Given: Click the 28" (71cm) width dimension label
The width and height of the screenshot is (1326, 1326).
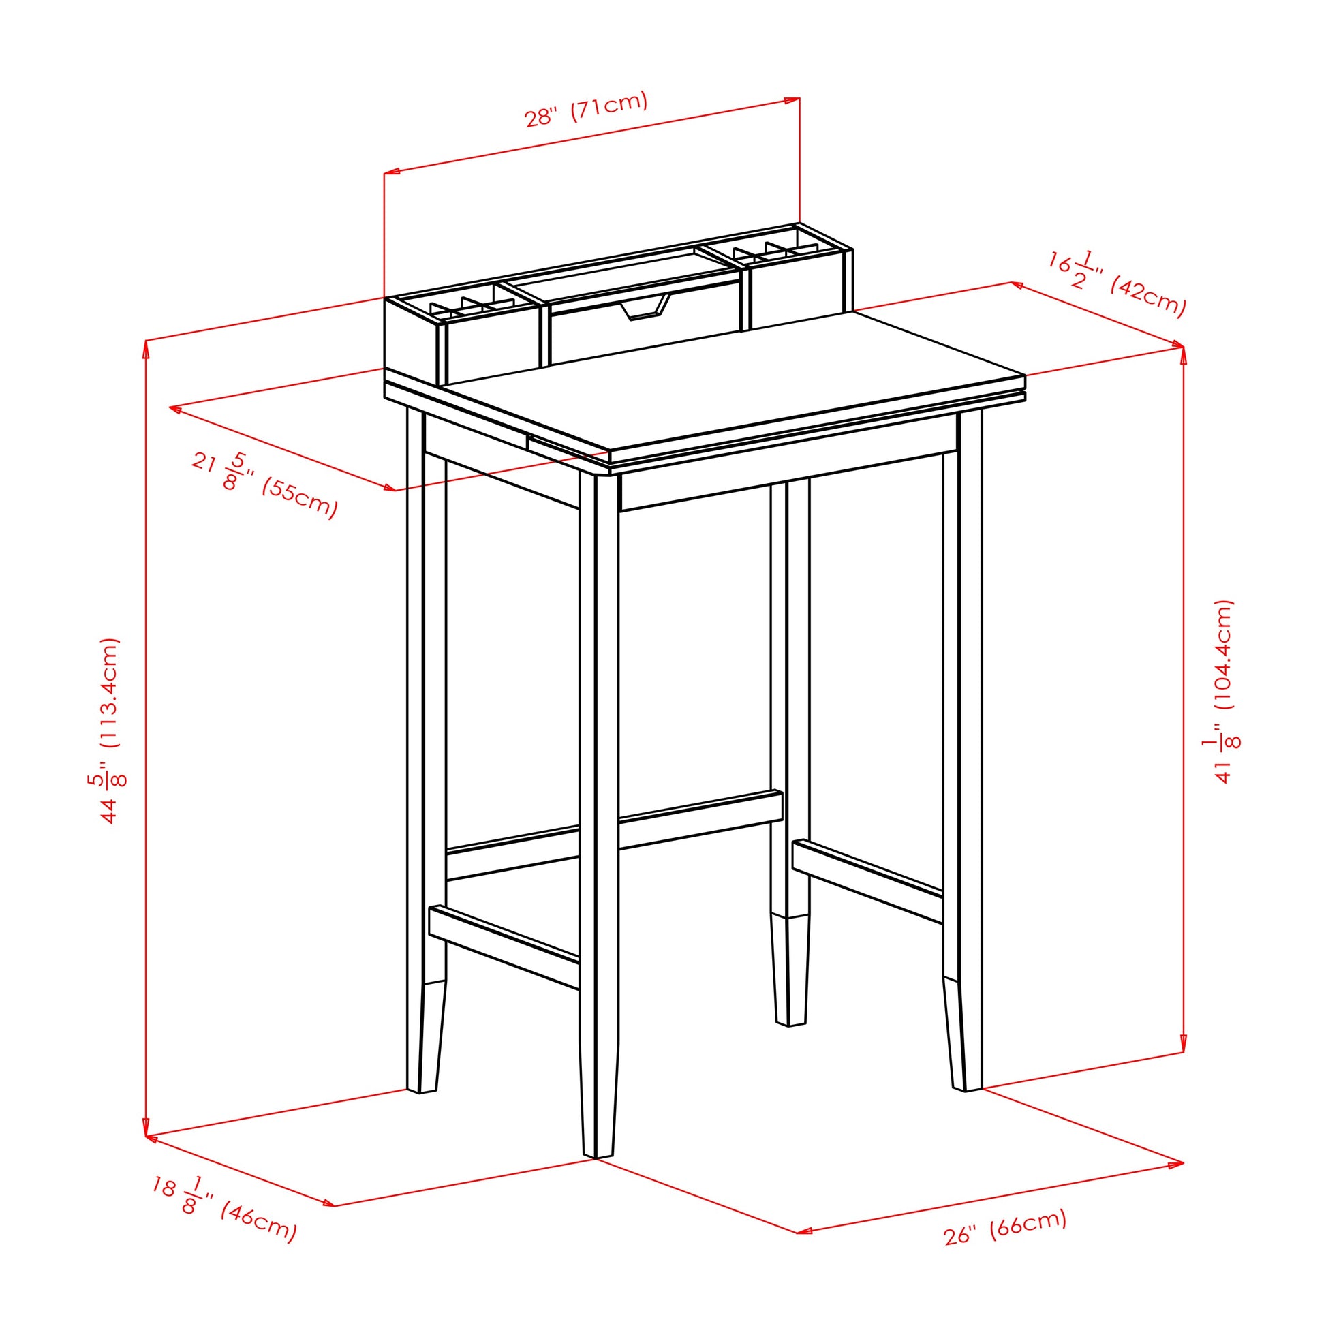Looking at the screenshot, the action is pyautogui.click(x=586, y=109).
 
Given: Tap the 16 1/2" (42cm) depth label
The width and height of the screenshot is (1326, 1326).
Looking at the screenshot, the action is pyautogui.click(x=1117, y=283).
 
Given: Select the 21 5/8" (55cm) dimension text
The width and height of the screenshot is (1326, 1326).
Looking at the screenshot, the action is pyautogui.click(x=265, y=484).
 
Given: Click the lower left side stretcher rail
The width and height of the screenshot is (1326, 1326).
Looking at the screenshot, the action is pyautogui.click(x=504, y=947).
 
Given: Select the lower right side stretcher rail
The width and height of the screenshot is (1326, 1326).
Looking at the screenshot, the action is pyautogui.click(x=867, y=880).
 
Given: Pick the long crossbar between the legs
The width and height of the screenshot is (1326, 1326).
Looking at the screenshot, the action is pyautogui.click(x=614, y=836).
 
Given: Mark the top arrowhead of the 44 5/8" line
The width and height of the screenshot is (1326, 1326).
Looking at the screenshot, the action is pyautogui.click(x=146, y=350).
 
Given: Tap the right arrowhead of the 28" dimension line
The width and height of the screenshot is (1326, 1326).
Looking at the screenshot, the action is pyautogui.click(x=790, y=100).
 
